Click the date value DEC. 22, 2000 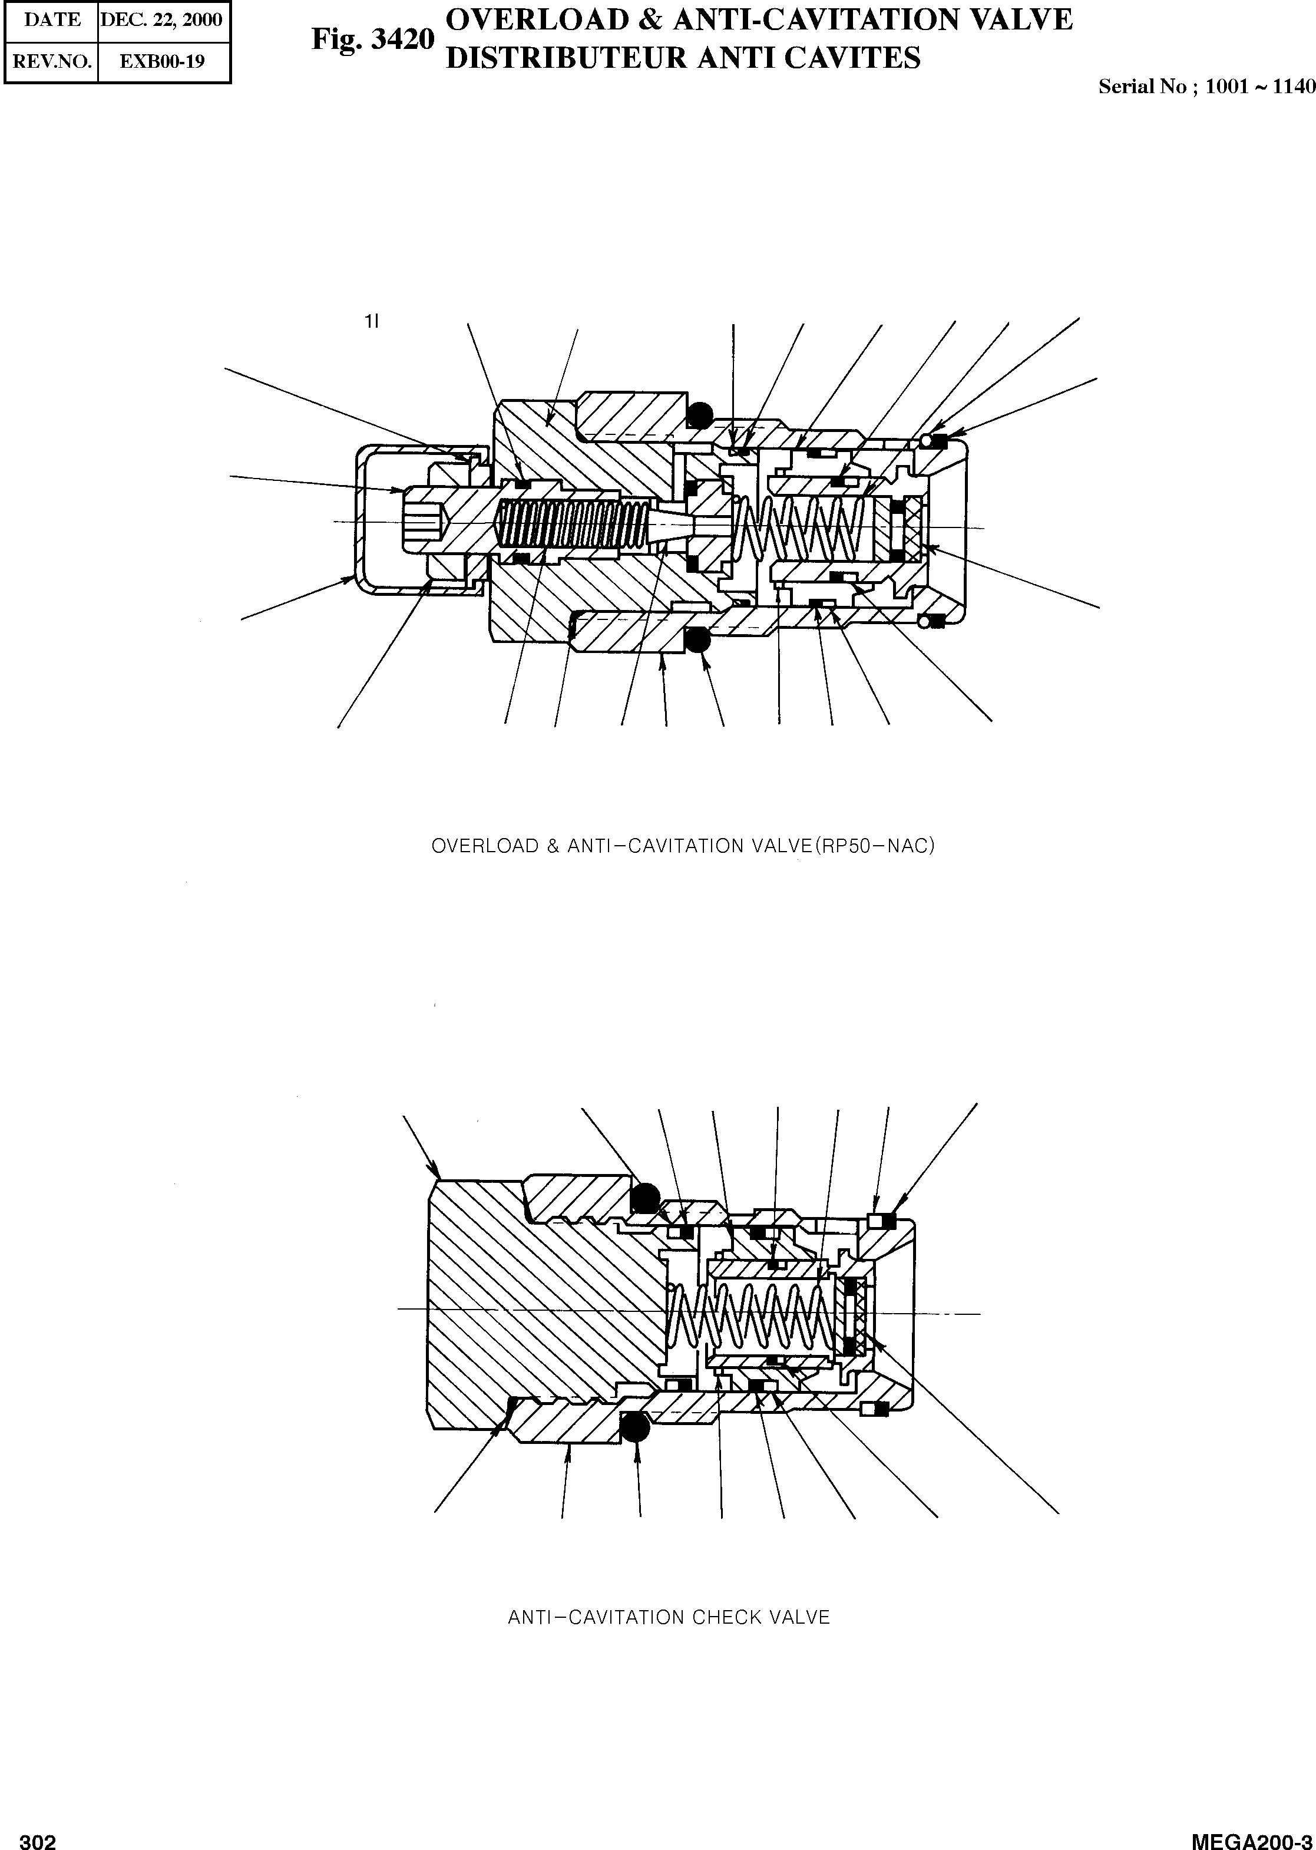(x=161, y=19)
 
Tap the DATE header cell (x=52, y=19)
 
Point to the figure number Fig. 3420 (x=373, y=39)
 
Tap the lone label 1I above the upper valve (x=371, y=322)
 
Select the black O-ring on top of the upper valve (x=697, y=415)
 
